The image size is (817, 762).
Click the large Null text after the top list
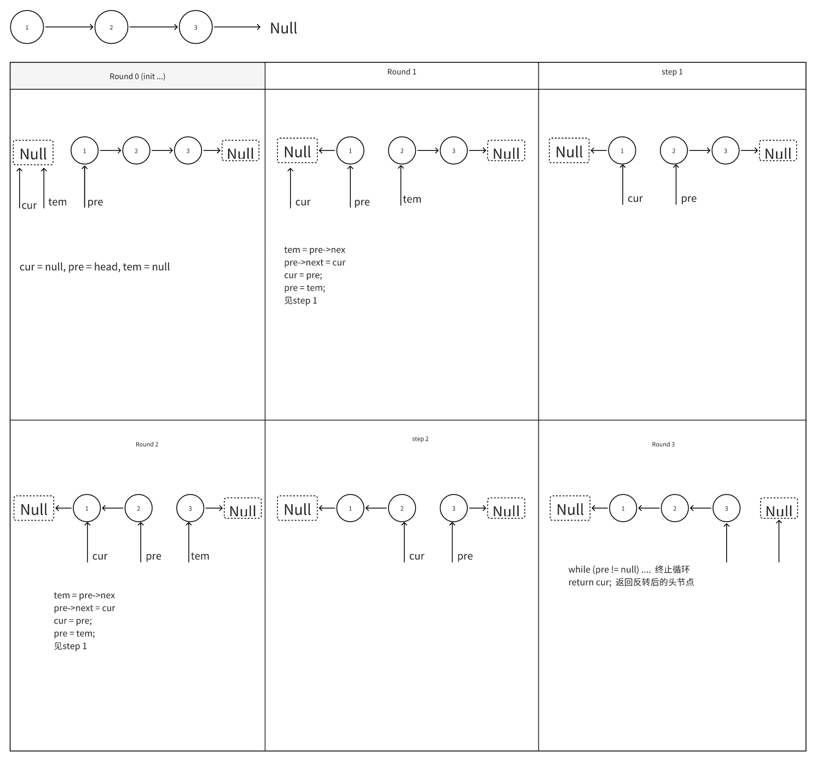283,28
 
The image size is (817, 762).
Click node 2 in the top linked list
111,27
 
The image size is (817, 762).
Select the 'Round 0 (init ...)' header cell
137,76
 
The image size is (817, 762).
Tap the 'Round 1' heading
402,72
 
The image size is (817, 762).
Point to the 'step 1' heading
672,72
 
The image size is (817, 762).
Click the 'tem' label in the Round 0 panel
57,201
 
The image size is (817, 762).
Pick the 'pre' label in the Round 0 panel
95,202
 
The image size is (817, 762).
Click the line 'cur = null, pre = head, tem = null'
95,267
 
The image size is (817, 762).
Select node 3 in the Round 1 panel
454,151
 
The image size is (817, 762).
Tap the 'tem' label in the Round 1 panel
412,199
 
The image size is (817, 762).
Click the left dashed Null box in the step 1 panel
569,151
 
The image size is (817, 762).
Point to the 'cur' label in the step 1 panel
635,199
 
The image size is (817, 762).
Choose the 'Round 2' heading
147,444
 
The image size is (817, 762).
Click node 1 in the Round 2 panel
87,509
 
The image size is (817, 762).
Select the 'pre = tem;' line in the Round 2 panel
74,633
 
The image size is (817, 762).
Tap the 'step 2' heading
420,439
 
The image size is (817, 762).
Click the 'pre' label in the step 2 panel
465,556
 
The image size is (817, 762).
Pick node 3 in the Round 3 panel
727,509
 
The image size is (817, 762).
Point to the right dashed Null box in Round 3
779,509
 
